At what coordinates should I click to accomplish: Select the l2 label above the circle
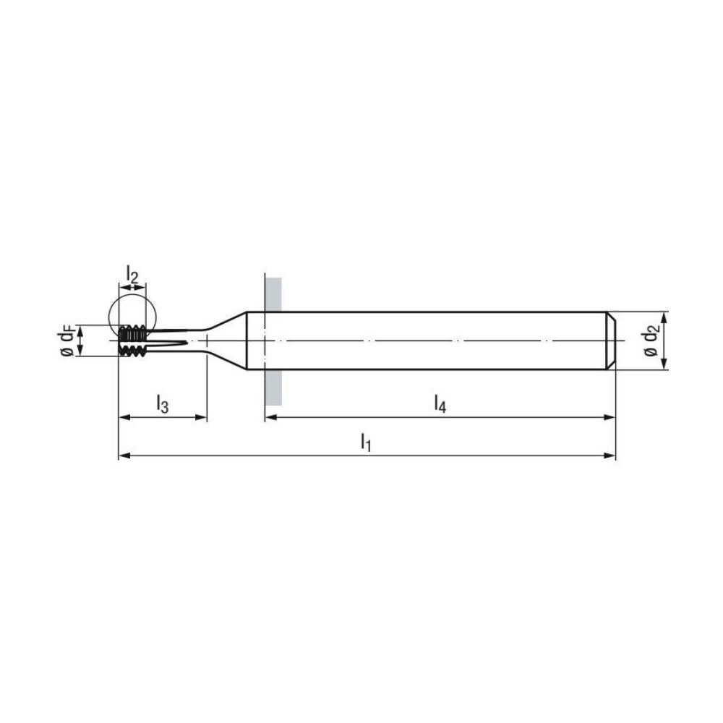pyautogui.click(x=132, y=274)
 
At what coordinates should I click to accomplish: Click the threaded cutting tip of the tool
pyautogui.click(x=133, y=341)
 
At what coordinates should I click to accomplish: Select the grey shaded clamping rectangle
pyautogui.click(x=273, y=340)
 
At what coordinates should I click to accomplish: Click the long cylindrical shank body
pyautogui.click(x=434, y=341)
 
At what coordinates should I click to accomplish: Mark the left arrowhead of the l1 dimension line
pyautogui.click(x=122, y=456)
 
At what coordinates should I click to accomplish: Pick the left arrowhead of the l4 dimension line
pyautogui.click(x=270, y=417)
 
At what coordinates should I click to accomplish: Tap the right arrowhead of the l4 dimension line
pyautogui.click(x=611, y=417)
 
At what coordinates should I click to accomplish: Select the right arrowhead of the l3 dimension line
pyautogui.click(x=202, y=417)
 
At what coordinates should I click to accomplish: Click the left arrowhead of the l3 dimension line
pyautogui.click(x=122, y=417)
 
